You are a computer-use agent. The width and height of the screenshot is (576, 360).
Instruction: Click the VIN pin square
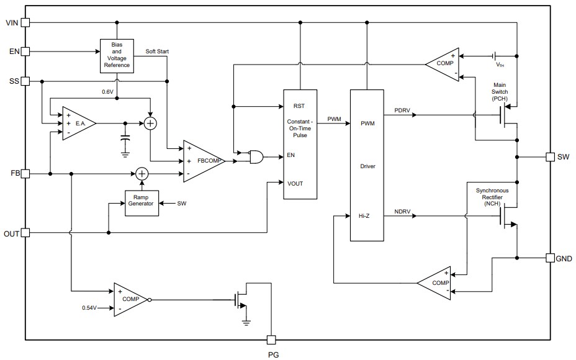[25, 23]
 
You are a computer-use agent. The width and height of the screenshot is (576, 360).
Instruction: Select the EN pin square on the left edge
[25, 52]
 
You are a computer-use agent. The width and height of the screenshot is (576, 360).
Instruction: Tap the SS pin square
[25, 81]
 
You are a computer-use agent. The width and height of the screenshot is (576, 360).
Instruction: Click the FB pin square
[25, 174]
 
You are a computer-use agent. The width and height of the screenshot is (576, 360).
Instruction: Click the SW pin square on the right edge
[550, 157]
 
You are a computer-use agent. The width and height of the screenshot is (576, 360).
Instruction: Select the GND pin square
[550, 258]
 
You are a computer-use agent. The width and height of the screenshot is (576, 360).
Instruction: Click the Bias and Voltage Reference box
[117, 56]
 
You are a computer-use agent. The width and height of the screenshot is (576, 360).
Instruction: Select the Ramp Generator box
[141, 203]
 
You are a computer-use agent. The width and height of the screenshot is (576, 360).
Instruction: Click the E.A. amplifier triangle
[77, 124]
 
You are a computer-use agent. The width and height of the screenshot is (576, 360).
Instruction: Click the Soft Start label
[157, 51]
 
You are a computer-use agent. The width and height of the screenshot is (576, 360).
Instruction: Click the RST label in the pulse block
[299, 106]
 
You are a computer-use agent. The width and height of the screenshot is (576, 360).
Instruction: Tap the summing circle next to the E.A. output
[150, 124]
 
